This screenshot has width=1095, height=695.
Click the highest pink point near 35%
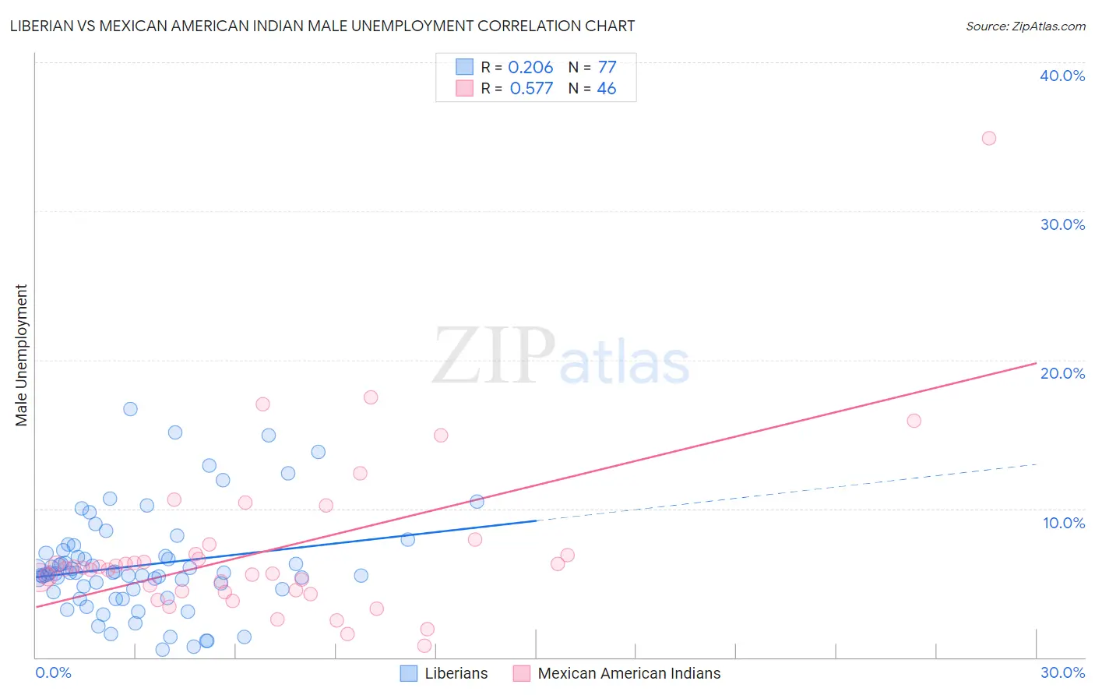click(x=988, y=138)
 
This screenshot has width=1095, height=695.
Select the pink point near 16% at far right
click(x=914, y=421)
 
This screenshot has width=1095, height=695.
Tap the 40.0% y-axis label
click(x=1062, y=76)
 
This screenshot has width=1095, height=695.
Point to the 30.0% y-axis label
click(x=1062, y=224)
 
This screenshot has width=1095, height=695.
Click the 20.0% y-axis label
click(x=1062, y=373)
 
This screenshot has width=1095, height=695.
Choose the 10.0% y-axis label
click(x=1063, y=523)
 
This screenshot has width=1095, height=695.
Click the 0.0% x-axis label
click(x=53, y=672)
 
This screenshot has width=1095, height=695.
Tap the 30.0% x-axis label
click(x=1062, y=672)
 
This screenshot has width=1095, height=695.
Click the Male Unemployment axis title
click(x=21, y=355)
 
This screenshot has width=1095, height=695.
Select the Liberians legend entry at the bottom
click(x=456, y=673)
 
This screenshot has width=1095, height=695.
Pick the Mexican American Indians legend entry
click(x=628, y=673)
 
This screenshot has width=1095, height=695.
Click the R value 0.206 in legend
click(x=530, y=68)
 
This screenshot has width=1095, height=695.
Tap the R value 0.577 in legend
click(x=531, y=89)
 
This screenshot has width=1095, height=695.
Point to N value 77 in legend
click(x=607, y=68)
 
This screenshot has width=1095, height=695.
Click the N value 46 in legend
click(x=606, y=89)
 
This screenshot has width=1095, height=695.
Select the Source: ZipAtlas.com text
click(x=1025, y=26)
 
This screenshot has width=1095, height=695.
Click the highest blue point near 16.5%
click(x=130, y=409)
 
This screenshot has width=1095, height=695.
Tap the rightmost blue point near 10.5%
click(x=477, y=502)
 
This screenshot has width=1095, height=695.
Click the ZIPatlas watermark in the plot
click(x=561, y=357)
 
